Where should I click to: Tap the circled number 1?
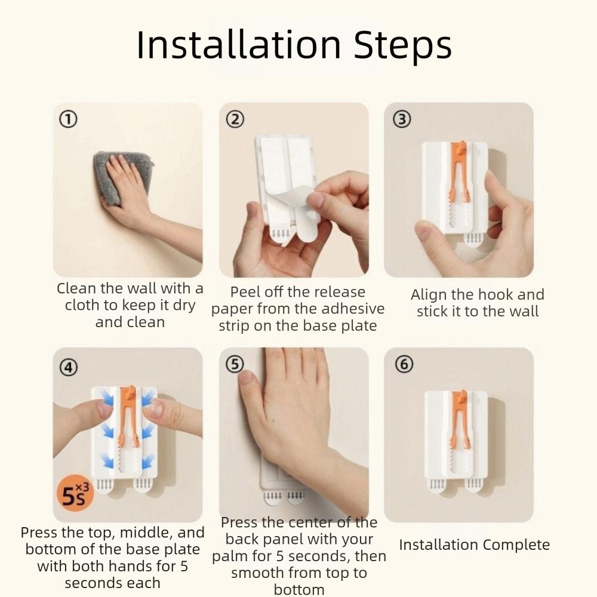click(67, 120)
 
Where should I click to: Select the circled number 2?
click(235, 119)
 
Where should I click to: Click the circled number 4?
click(69, 367)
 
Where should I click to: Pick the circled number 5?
click(235, 365)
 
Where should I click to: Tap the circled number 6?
click(404, 365)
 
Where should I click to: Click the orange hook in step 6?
click(459, 418)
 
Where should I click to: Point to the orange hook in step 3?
click(459, 170)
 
